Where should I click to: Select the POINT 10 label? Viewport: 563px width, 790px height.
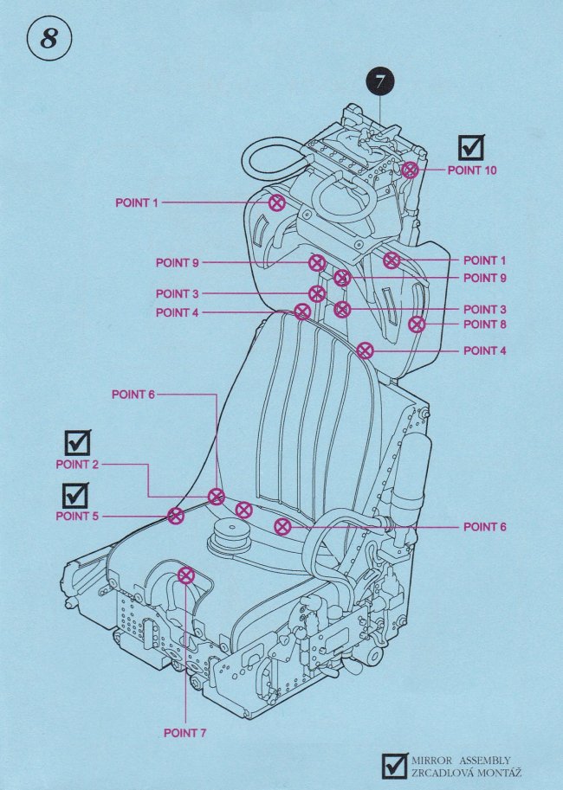pyautogui.click(x=472, y=170)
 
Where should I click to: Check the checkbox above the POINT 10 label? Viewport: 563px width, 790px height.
pyautogui.click(x=471, y=147)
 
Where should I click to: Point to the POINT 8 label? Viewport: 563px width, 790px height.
pyautogui.click(x=485, y=324)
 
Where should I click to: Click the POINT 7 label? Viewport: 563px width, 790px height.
pyautogui.click(x=185, y=734)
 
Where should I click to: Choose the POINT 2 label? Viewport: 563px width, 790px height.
pyautogui.click(x=78, y=465)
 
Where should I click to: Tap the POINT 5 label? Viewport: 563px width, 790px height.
pyautogui.click(x=78, y=517)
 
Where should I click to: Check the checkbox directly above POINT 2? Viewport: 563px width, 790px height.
pyautogui.click(x=78, y=442)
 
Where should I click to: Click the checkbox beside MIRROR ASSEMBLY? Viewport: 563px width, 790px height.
pyautogui.click(x=395, y=765)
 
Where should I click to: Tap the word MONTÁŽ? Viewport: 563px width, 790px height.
pyautogui.click(x=502, y=771)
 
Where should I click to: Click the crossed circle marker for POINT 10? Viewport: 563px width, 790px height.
pyautogui.click(x=411, y=170)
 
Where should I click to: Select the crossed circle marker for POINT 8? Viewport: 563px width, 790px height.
pyautogui.click(x=417, y=324)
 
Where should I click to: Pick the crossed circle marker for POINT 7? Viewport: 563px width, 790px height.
pyautogui.click(x=185, y=575)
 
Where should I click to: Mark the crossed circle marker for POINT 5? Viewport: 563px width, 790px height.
pyautogui.click(x=176, y=517)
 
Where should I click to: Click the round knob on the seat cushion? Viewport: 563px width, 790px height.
pyautogui.click(x=230, y=535)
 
